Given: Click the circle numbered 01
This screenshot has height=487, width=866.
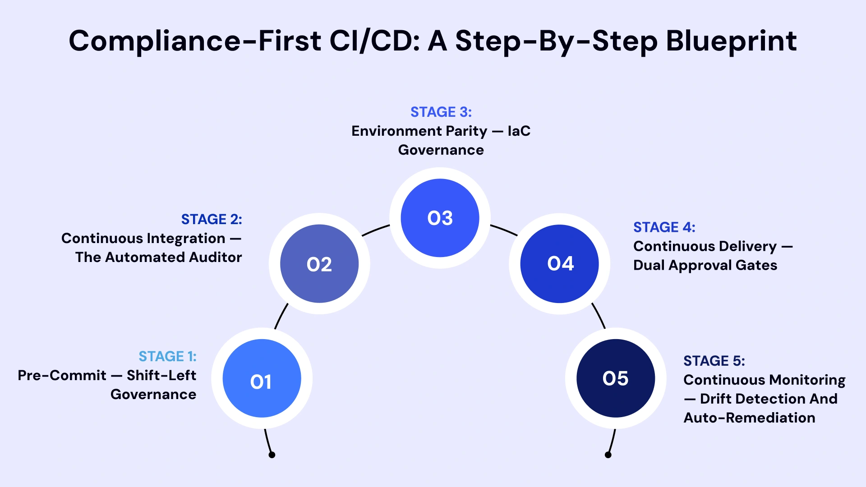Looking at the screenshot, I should point(262,378).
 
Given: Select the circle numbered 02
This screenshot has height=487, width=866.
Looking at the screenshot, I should point(319,264).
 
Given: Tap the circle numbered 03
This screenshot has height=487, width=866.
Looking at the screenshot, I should point(440,218).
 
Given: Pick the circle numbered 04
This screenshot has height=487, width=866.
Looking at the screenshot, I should point(560,264).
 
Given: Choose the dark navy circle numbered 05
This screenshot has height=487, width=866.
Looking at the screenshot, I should point(616,378).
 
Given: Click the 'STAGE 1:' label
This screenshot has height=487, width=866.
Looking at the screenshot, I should point(167,356).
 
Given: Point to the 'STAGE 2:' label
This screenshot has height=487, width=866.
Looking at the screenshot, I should point(211,219).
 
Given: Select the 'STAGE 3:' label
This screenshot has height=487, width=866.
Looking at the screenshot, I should point(441,112).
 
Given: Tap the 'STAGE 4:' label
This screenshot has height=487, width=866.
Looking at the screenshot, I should point(664,227).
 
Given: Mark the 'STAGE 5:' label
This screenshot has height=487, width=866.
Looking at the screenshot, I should point(714,361).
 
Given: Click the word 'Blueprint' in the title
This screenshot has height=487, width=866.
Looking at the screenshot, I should point(731,41).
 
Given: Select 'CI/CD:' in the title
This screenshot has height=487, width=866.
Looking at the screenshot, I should point(374,41).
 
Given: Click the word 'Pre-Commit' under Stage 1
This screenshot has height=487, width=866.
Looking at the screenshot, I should point(62,375).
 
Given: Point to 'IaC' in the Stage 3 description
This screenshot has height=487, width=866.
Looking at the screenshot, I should point(519,131).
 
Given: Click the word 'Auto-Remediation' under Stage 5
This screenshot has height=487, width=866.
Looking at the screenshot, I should point(749,418).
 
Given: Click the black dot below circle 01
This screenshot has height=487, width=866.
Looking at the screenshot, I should point(272,455).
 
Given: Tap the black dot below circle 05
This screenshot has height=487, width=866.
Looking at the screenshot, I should point(608,455).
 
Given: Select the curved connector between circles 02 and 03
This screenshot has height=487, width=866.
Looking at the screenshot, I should point(376,230).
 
